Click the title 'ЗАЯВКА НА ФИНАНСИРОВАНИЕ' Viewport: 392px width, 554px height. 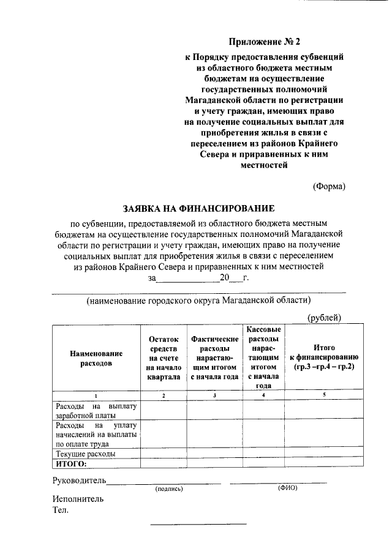click(198, 208)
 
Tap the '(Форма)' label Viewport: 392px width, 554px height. click(329, 186)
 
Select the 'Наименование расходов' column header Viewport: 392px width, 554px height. click(96, 358)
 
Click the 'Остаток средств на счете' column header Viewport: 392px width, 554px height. click(164, 357)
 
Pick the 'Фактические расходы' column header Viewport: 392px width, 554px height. click(214, 357)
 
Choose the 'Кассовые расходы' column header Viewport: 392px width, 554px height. click(263, 357)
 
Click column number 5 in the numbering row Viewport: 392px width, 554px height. click(324, 395)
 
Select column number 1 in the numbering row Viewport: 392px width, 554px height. click(96, 395)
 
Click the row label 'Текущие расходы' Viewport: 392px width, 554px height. click(85, 454)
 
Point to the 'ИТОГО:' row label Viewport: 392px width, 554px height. click(70, 464)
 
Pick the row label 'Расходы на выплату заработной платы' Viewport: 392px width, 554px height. click(96, 410)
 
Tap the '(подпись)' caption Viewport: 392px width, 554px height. click(170, 488)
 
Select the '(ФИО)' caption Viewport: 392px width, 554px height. click(287, 488)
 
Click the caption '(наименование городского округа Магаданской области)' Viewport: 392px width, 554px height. click(198, 300)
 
